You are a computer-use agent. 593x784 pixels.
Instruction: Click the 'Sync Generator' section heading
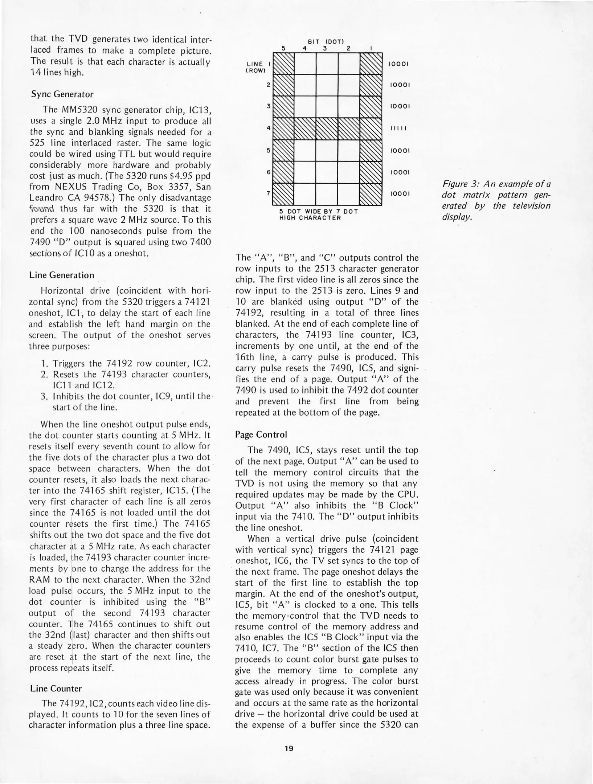pos(62,94)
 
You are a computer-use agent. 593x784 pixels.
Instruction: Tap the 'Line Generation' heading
pos(62,275)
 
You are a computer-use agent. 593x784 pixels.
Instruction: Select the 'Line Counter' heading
pos(56,689)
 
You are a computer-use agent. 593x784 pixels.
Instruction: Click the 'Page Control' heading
pos(261,434)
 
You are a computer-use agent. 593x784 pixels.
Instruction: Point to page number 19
pos(289,748)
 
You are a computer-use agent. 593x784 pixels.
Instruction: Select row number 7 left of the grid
pos(268,193)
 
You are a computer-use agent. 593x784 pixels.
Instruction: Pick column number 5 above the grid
pos(283,48)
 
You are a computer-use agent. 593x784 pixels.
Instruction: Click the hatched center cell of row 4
pos(327,128)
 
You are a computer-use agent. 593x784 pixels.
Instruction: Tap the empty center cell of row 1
pos(327,64)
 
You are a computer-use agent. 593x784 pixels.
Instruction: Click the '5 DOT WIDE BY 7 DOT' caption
pos(319,211)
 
